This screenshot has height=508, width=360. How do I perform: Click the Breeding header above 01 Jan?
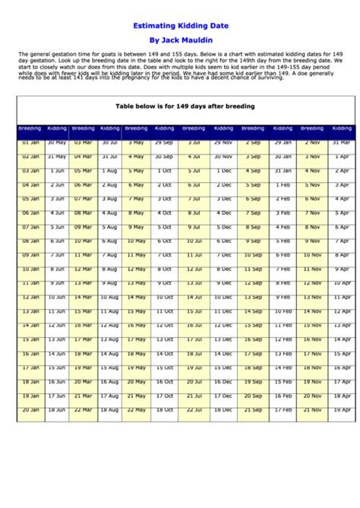coord(30,128)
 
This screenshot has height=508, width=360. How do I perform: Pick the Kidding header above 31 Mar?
coord(342,128)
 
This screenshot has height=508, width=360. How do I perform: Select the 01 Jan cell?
coord(30,142)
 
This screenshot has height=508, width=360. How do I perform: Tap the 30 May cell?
coord(57,142)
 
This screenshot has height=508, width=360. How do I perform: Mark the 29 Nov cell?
coord(223,142)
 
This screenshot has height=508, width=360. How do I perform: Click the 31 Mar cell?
coord(342,142)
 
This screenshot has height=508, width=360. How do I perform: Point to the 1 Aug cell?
coord(109,171)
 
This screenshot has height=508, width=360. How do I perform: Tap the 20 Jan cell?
coord(30,409)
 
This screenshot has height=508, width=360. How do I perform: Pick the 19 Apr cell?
coord(342,409)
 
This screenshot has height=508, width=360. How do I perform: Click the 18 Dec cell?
coord(223,409)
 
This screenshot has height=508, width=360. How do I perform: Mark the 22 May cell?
coord(136,409)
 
